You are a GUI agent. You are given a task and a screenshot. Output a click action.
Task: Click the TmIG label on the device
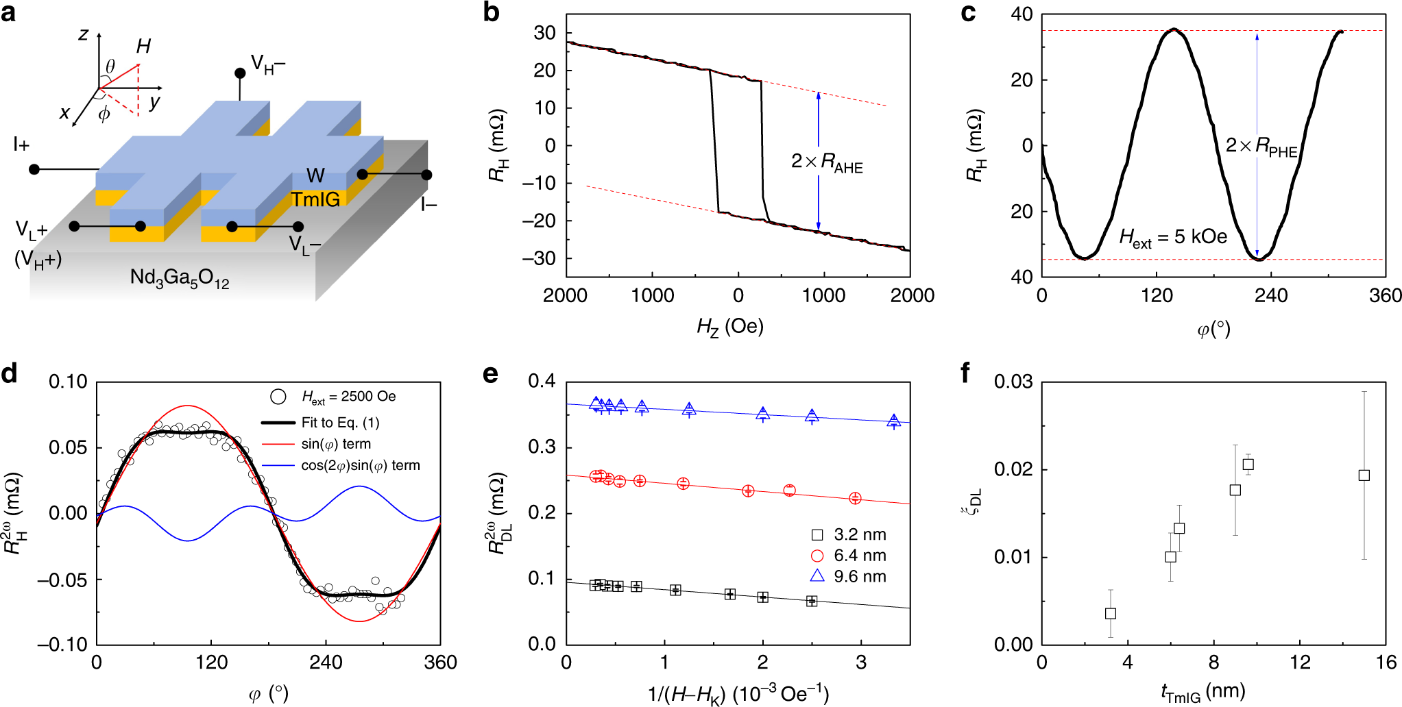click(x=315, y=199)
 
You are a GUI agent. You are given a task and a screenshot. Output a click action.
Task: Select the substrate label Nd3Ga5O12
click(x=180, y=277)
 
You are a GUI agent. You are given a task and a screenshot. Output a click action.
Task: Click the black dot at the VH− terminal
click(x=240, y=73)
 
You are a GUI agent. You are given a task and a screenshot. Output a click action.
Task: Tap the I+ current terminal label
click(x=21, y=145)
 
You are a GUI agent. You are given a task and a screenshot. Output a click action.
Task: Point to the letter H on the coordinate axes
click(x=143, y=47)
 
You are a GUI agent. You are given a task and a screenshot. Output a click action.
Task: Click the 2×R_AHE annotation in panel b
click(x=826, y=162)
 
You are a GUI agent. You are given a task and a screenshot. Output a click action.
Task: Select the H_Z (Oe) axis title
click(x=729, y=327)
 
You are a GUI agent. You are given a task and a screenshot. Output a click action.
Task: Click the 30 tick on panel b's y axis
click(x=545, y=33)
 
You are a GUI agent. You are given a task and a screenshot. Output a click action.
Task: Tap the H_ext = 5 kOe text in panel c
click(x=1173, y=238)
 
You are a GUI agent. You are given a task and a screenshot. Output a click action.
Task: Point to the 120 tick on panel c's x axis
click(x=1157, y=295)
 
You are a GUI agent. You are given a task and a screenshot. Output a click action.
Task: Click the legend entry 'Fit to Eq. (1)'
click(x=340, y=423)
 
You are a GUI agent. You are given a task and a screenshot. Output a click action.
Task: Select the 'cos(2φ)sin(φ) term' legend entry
click(x=360, y=466)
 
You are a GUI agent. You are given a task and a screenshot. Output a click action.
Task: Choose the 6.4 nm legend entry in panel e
click(x=859, y=556)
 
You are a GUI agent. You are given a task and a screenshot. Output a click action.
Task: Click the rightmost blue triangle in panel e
click(x=893, y=421)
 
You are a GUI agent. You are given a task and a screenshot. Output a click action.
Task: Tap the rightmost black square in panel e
click(x=812, y=601)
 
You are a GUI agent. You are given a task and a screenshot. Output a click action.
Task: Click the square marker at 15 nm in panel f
click(x=1364, y=475)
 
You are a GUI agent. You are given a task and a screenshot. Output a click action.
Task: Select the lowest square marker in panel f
click(x=1111, y=613)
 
